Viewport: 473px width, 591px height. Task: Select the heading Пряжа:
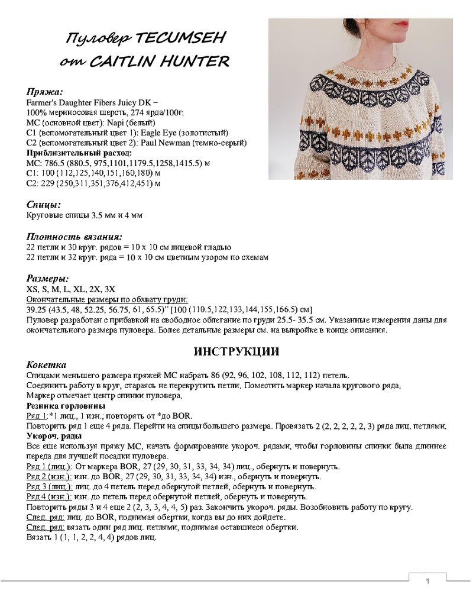[x=45, y=92]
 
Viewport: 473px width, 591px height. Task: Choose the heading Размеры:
[x=48, y=278]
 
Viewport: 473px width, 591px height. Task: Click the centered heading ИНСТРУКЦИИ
[x=237, y=351]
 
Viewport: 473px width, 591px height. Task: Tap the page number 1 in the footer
[x=427, y=581]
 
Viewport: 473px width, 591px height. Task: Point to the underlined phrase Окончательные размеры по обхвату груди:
[x=108, y=299]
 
